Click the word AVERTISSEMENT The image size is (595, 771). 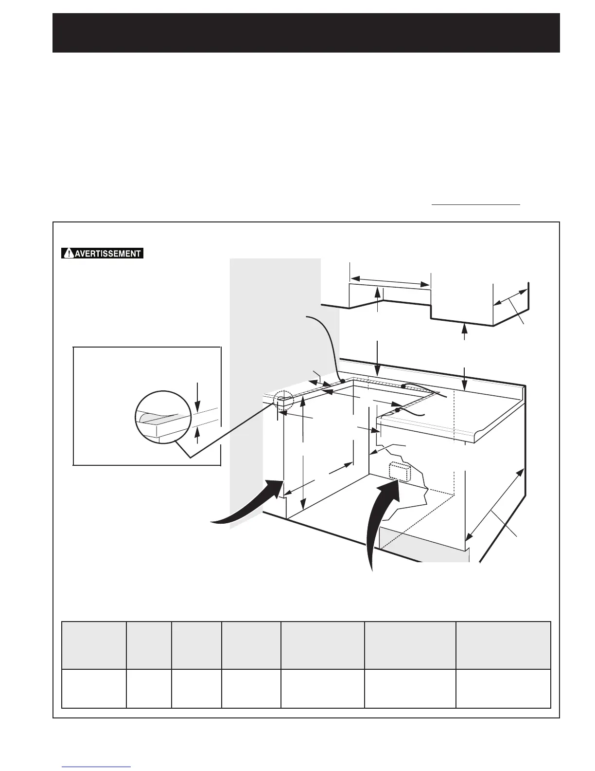tap(107, 254)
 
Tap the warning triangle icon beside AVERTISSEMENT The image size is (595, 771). tap(70, 254)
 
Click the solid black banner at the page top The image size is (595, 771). tap(306, 33)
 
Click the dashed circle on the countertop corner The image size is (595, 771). tap(283, 401)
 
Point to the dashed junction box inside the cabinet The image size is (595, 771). tap(400, 471)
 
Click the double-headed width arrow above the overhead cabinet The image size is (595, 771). tap(390, 282)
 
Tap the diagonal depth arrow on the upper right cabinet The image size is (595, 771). tap(510, 297)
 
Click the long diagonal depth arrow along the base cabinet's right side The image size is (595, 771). tap(495, 504)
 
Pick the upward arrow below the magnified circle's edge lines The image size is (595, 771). tap(197, 435)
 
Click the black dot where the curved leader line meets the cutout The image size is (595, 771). tap(342, 381)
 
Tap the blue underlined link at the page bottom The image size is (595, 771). tap(97, 767)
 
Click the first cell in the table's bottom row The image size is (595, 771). tap(94, 688)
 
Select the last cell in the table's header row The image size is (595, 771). tap(503, 645)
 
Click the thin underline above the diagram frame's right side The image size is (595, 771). tap(476, 205)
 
